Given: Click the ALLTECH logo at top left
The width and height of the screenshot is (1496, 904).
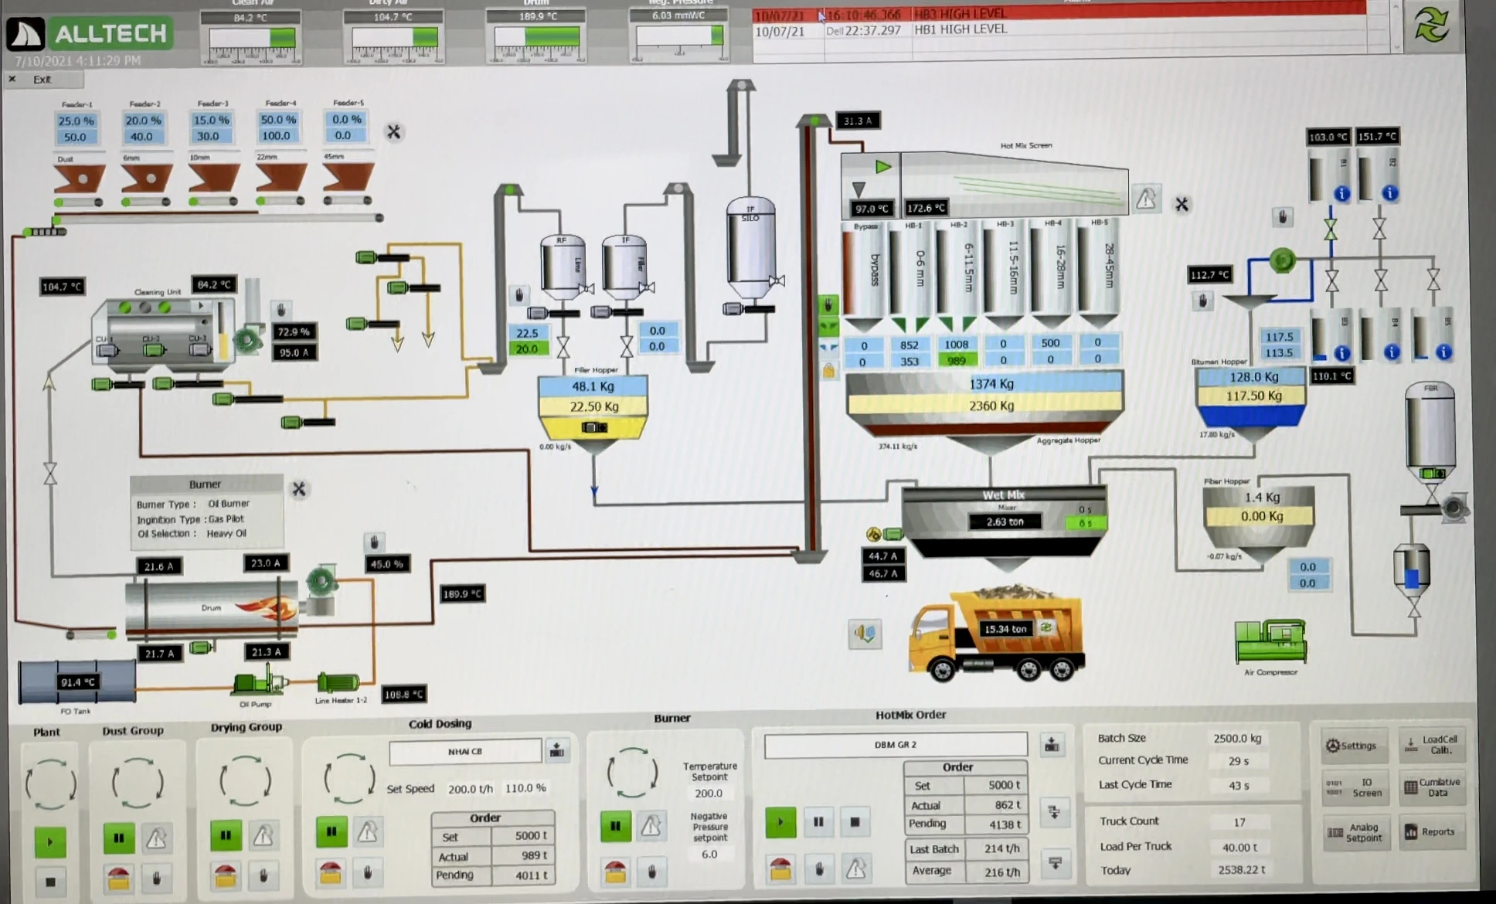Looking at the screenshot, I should pos(89,34).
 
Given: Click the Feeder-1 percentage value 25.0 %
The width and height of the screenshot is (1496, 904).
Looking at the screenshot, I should pos(76,121).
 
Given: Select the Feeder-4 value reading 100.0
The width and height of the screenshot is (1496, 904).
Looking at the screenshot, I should pos(276,136).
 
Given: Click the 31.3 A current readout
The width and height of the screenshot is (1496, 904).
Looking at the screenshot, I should pos(857,121).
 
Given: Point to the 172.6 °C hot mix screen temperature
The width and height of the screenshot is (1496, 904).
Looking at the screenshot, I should pos(926,208).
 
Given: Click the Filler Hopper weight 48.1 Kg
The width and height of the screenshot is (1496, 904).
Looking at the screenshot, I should pos(593,386).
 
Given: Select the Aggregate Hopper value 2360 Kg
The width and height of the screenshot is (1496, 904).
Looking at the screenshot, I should pos(991,405).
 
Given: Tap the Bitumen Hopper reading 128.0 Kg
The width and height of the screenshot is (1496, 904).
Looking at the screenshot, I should pos(1253,377).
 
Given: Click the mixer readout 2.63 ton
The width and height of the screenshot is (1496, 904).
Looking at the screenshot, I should pos(1005,522).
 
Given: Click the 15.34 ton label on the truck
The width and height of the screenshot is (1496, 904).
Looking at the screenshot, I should pos(1005,629).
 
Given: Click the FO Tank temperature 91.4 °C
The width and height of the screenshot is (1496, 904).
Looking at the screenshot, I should pos(78,682).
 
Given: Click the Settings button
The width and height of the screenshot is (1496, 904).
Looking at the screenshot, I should pos(1351,746).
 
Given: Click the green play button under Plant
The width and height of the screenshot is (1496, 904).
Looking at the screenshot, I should pos(50,841).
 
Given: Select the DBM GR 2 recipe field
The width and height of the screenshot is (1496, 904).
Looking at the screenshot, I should pos(895,745).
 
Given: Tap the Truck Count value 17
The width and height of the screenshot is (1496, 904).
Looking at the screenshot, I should pos(1239,822).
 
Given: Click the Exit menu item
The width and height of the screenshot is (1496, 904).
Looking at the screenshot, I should pos(42,80).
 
